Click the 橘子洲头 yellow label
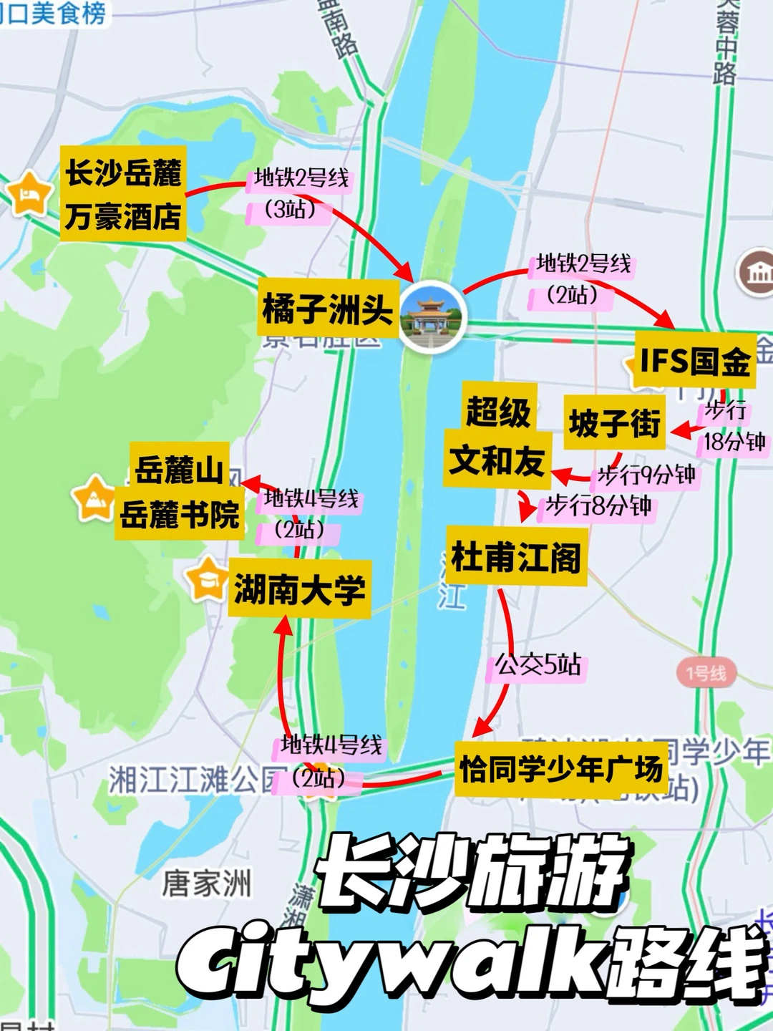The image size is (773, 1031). coord(327,309)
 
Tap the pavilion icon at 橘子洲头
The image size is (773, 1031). coord(432,315)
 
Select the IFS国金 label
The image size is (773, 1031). coord(694,360)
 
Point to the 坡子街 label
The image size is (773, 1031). coord(615,423)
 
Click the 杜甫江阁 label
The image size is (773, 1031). coord(516,557)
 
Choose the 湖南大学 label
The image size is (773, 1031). coord(299,589)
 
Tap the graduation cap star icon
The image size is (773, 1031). coord(206,579)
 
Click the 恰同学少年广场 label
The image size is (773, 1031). coord(560,770)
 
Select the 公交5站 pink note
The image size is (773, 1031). coord(538,665)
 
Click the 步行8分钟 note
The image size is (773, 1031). coord(598,506)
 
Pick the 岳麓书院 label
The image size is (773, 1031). coord(180,514)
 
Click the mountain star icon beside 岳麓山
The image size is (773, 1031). coord(94,498)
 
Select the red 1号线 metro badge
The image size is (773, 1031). coord(706,673)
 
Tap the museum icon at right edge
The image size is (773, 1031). coord(757,273)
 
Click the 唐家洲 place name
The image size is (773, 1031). coord(207,883)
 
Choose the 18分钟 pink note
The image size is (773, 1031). coord(734,442)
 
